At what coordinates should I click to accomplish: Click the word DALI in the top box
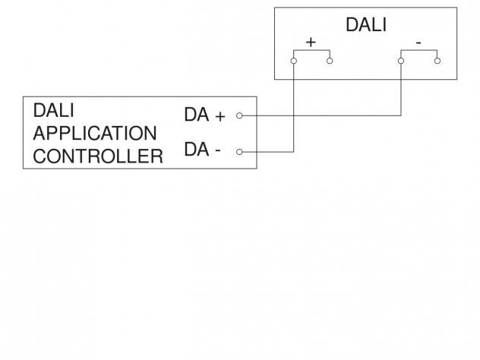366,25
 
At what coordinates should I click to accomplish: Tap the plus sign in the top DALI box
311,43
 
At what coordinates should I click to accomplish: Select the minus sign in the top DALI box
418,43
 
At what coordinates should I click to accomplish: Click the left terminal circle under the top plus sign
294,61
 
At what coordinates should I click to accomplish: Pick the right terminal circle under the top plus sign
330,61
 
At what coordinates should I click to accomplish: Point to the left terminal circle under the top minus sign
401,61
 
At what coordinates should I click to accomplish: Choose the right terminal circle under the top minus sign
437,61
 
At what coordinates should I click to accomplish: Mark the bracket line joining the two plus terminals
311,50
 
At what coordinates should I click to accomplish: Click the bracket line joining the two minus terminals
419,50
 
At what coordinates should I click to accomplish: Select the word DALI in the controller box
54,110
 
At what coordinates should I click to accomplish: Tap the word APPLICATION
95,133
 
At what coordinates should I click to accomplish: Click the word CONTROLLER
98,156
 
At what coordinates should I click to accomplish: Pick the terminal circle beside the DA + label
239,115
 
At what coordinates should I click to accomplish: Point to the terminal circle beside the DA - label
239,152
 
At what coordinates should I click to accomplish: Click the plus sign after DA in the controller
220,117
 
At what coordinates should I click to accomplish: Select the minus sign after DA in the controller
218,150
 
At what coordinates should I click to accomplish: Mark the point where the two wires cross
294,115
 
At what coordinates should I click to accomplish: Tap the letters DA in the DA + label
197,115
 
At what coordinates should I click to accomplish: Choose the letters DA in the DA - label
197,149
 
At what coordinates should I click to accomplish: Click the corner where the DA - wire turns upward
294,152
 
